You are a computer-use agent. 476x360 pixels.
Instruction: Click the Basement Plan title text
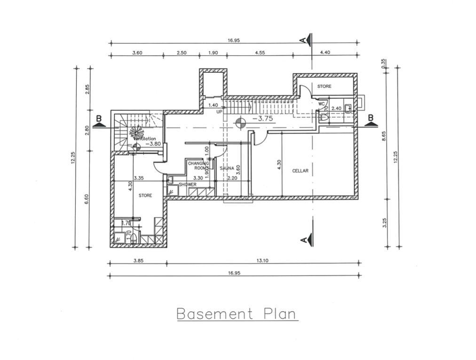[x=236, y=313]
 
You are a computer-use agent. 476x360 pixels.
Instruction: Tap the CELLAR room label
[x=300, y=171]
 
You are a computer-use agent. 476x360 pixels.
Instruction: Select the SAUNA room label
[x=221, y=167]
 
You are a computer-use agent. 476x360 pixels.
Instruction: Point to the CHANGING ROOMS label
[x=195, y=165]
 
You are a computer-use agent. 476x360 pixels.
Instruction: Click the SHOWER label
[x=187, y=185]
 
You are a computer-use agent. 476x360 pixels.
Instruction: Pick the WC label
[x=322, y=104]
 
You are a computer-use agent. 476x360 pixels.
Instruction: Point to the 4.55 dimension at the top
[x=260, y=53]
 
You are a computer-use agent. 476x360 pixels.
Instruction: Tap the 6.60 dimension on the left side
[x=87, y=199]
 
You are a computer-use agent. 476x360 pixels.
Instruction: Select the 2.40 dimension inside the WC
[x=336, y=109]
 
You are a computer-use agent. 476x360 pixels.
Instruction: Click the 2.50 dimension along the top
[x=182, y=53]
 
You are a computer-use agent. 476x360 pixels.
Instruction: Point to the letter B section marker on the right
[x=371, y=117]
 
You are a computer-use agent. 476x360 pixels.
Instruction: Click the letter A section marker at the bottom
[x=303, y=240]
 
